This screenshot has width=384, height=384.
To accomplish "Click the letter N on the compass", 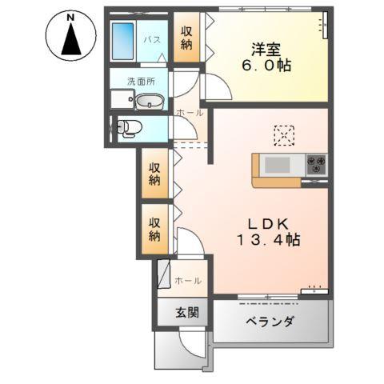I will point(70,17).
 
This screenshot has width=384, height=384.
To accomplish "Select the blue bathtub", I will point(123,39).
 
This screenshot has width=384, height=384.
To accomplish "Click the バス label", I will point(151,38).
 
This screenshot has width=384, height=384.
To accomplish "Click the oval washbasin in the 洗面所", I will point(149,102).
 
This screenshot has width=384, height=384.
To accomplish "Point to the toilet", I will point(129,127).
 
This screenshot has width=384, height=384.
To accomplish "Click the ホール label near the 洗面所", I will point(189,113).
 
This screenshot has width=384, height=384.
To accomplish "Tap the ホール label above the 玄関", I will point(188,281).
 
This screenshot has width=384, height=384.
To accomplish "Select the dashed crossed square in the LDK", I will point(284,135).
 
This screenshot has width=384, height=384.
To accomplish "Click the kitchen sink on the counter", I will point(278,165).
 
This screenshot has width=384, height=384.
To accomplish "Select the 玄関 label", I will point(178,313).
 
